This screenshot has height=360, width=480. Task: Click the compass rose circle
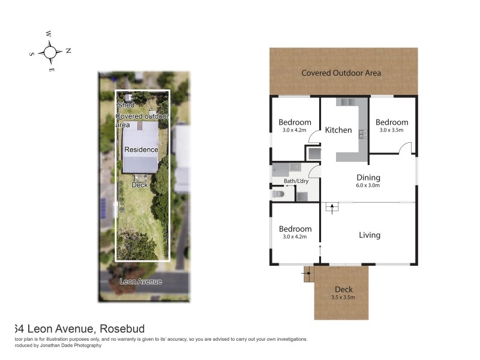pyautogui.click(x=50, y=52)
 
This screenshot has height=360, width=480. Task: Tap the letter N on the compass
pyautogui.click(x=68, y=50)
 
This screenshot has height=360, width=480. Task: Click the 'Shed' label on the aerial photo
pyautogui.click(x=125, y=105)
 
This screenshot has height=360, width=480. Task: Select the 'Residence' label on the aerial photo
pyautogui.click(x=141, y=149)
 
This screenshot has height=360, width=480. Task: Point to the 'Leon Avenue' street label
pyautogui.click(x=141, y=281)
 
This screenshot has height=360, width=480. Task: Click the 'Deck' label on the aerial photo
pyautogui.click(x=140, y=185)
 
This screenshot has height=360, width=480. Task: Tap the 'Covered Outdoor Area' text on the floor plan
pyautogui.click(x=341, y=73)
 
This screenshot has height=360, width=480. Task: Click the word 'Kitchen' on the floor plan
pyautogui.click(x=338, y=130)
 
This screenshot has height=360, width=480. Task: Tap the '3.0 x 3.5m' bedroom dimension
pyautogui.click(x=392, y=130)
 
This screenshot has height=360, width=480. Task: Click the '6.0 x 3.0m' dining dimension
pyautogui.click(x=368, y=185)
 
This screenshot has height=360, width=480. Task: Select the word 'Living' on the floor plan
pyautogui.click(x=369, y=235)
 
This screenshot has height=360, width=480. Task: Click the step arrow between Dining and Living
pyautogui.click(x=329, y=208)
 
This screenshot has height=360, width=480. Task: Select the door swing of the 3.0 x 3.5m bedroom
pyautogui.click(x=406, y=148)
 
